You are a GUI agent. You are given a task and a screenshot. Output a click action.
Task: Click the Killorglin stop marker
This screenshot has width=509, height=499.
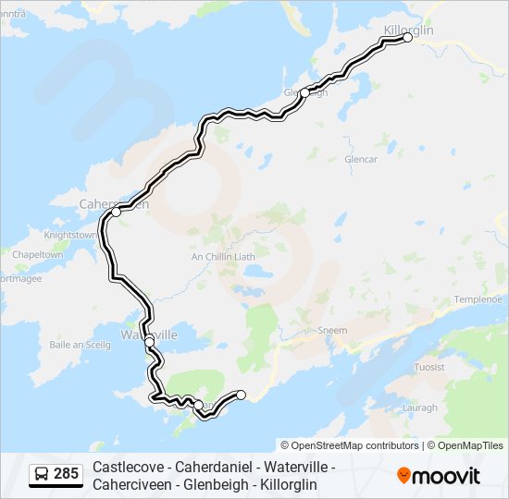[x=407, y=38]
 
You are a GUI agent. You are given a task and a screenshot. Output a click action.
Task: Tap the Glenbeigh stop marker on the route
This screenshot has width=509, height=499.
[x=304, y=92]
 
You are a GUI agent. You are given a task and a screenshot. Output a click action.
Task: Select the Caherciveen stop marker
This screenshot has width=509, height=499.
[x=116, y=212]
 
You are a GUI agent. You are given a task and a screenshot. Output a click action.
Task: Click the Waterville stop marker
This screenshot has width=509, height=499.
[x=149, y=341]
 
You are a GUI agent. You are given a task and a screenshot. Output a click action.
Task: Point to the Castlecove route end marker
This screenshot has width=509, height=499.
[x=242, y=395]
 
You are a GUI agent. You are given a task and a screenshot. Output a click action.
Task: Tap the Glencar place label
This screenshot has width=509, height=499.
[x=361, y=159]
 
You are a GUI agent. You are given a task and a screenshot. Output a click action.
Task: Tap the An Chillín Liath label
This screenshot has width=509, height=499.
[x=222, y=257]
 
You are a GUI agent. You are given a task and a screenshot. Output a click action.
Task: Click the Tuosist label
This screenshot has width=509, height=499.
[x=429, y=367]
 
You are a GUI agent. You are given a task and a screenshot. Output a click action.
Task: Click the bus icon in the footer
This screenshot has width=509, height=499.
[x=42, y=475]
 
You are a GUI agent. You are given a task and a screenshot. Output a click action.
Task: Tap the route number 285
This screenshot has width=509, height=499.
[x=67, y=475]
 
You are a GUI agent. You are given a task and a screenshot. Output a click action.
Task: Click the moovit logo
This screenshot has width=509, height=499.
[x=439, y=476]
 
